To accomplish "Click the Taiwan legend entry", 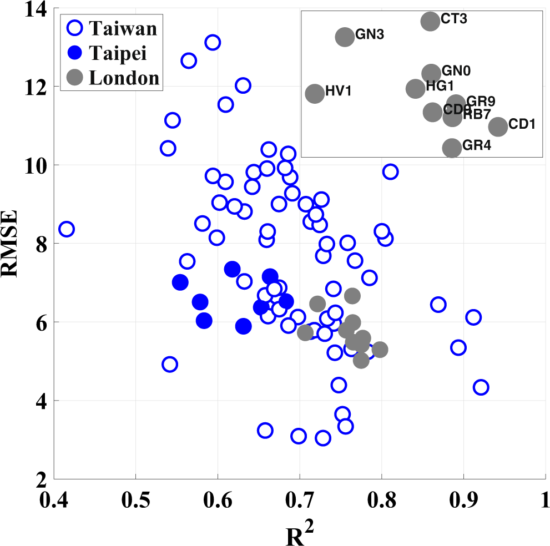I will [x=111, y=27].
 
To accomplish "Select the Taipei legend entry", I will [x=111, y=53].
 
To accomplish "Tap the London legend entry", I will [x=111, y=78].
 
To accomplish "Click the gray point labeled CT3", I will [x=430, y=22].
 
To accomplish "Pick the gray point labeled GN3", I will [x=345, y=37].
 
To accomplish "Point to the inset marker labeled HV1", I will [x=315, y=94].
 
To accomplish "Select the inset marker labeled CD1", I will [x=498, y=127].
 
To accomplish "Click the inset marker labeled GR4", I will [x=452, y=148].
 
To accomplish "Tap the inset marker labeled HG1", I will [x=415, y=88].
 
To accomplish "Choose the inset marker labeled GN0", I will [x=431, y=73].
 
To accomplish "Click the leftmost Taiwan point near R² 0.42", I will [x=66, y=229].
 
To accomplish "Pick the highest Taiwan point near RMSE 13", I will [x=213, y=42].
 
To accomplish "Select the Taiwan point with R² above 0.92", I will [x=481, y=387].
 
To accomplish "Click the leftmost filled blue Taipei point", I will [x=180, y=282].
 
